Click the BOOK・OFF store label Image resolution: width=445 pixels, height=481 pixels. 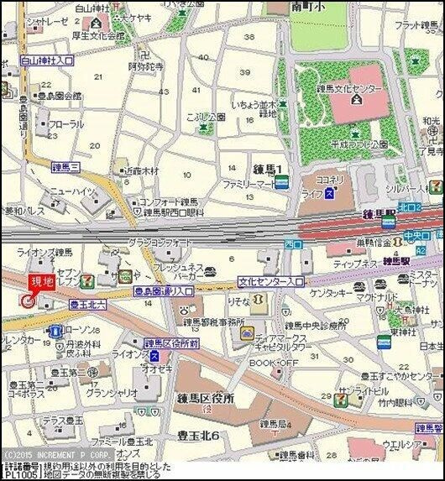click(273, 363)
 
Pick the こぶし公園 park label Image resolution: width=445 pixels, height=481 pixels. click(206, 118)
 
